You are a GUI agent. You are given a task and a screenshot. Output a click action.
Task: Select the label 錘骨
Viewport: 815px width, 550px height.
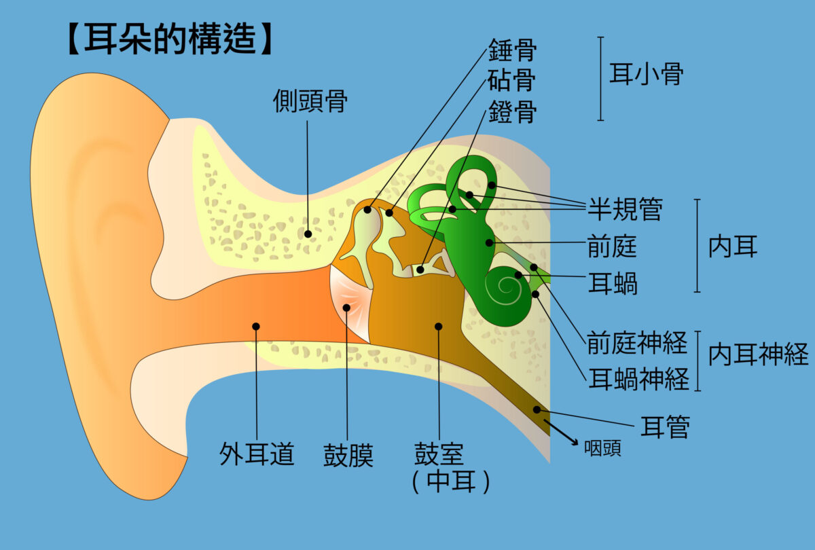pos(512,50)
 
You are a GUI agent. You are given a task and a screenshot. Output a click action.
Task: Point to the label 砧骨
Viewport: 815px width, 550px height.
pos(512,81)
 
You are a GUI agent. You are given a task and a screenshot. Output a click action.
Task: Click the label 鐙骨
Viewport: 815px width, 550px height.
pos(512,111)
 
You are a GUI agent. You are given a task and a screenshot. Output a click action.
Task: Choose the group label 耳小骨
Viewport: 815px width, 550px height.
pos(645,75)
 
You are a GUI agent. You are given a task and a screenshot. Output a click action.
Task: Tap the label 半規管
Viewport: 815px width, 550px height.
pos(624,210)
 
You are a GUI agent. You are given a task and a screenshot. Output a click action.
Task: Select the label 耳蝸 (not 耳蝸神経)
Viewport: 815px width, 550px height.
pos(612,283)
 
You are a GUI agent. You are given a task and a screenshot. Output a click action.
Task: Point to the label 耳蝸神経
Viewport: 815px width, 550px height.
pos(638,378)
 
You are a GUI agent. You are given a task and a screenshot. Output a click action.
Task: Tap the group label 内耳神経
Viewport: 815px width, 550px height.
pos(758,354)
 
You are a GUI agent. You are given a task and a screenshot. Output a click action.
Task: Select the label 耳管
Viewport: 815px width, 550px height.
pos(665,428)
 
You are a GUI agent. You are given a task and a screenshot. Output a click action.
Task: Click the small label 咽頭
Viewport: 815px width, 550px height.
pos(602,449)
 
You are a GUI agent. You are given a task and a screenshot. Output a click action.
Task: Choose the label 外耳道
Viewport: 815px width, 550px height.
pos(257,454)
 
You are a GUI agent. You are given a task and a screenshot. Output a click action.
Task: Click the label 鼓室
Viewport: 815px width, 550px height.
pos(439,454)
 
